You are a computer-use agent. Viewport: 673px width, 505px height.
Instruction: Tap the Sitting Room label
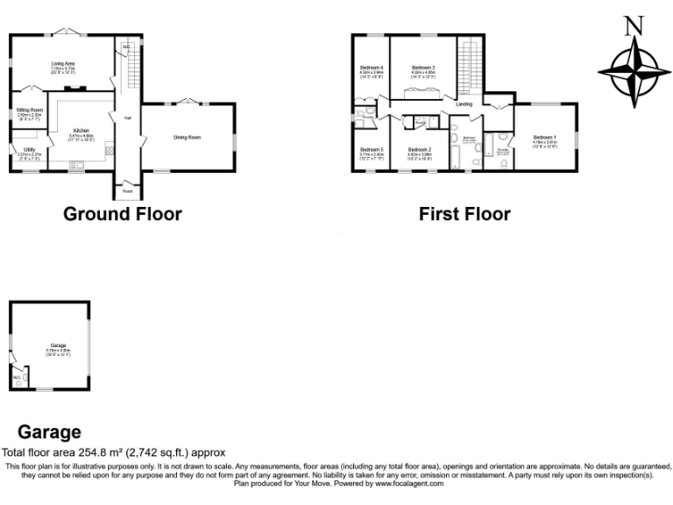30,110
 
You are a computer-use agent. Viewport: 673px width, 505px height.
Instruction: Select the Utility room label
29,150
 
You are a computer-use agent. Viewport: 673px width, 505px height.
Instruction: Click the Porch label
127,190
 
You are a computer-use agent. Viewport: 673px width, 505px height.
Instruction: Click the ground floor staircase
133,66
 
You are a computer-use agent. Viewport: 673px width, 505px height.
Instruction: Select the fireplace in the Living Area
75,88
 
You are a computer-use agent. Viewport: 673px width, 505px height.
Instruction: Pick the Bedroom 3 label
423,68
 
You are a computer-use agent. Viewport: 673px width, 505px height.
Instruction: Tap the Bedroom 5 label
371,150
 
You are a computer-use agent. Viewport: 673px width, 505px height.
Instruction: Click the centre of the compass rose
629,69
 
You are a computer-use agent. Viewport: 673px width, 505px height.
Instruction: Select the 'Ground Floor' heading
122,213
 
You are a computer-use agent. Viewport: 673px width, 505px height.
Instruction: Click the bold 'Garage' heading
49,432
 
